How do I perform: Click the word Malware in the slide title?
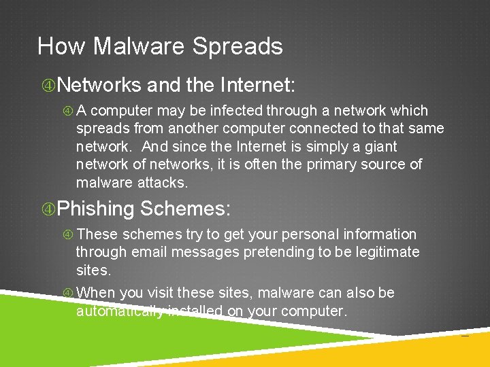tap(139, 46)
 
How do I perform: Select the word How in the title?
tap(61, 46)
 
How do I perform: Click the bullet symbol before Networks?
tap(48, 86)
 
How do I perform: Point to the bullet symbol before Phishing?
tap(48, 209)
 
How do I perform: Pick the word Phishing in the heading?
tap(96, 209)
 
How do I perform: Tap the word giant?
tap(379, 146)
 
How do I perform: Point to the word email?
tap(149, 252)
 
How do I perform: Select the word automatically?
tap(120, 311)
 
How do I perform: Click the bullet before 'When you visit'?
tap(68, 294)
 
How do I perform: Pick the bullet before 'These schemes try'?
tap(68, 235)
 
